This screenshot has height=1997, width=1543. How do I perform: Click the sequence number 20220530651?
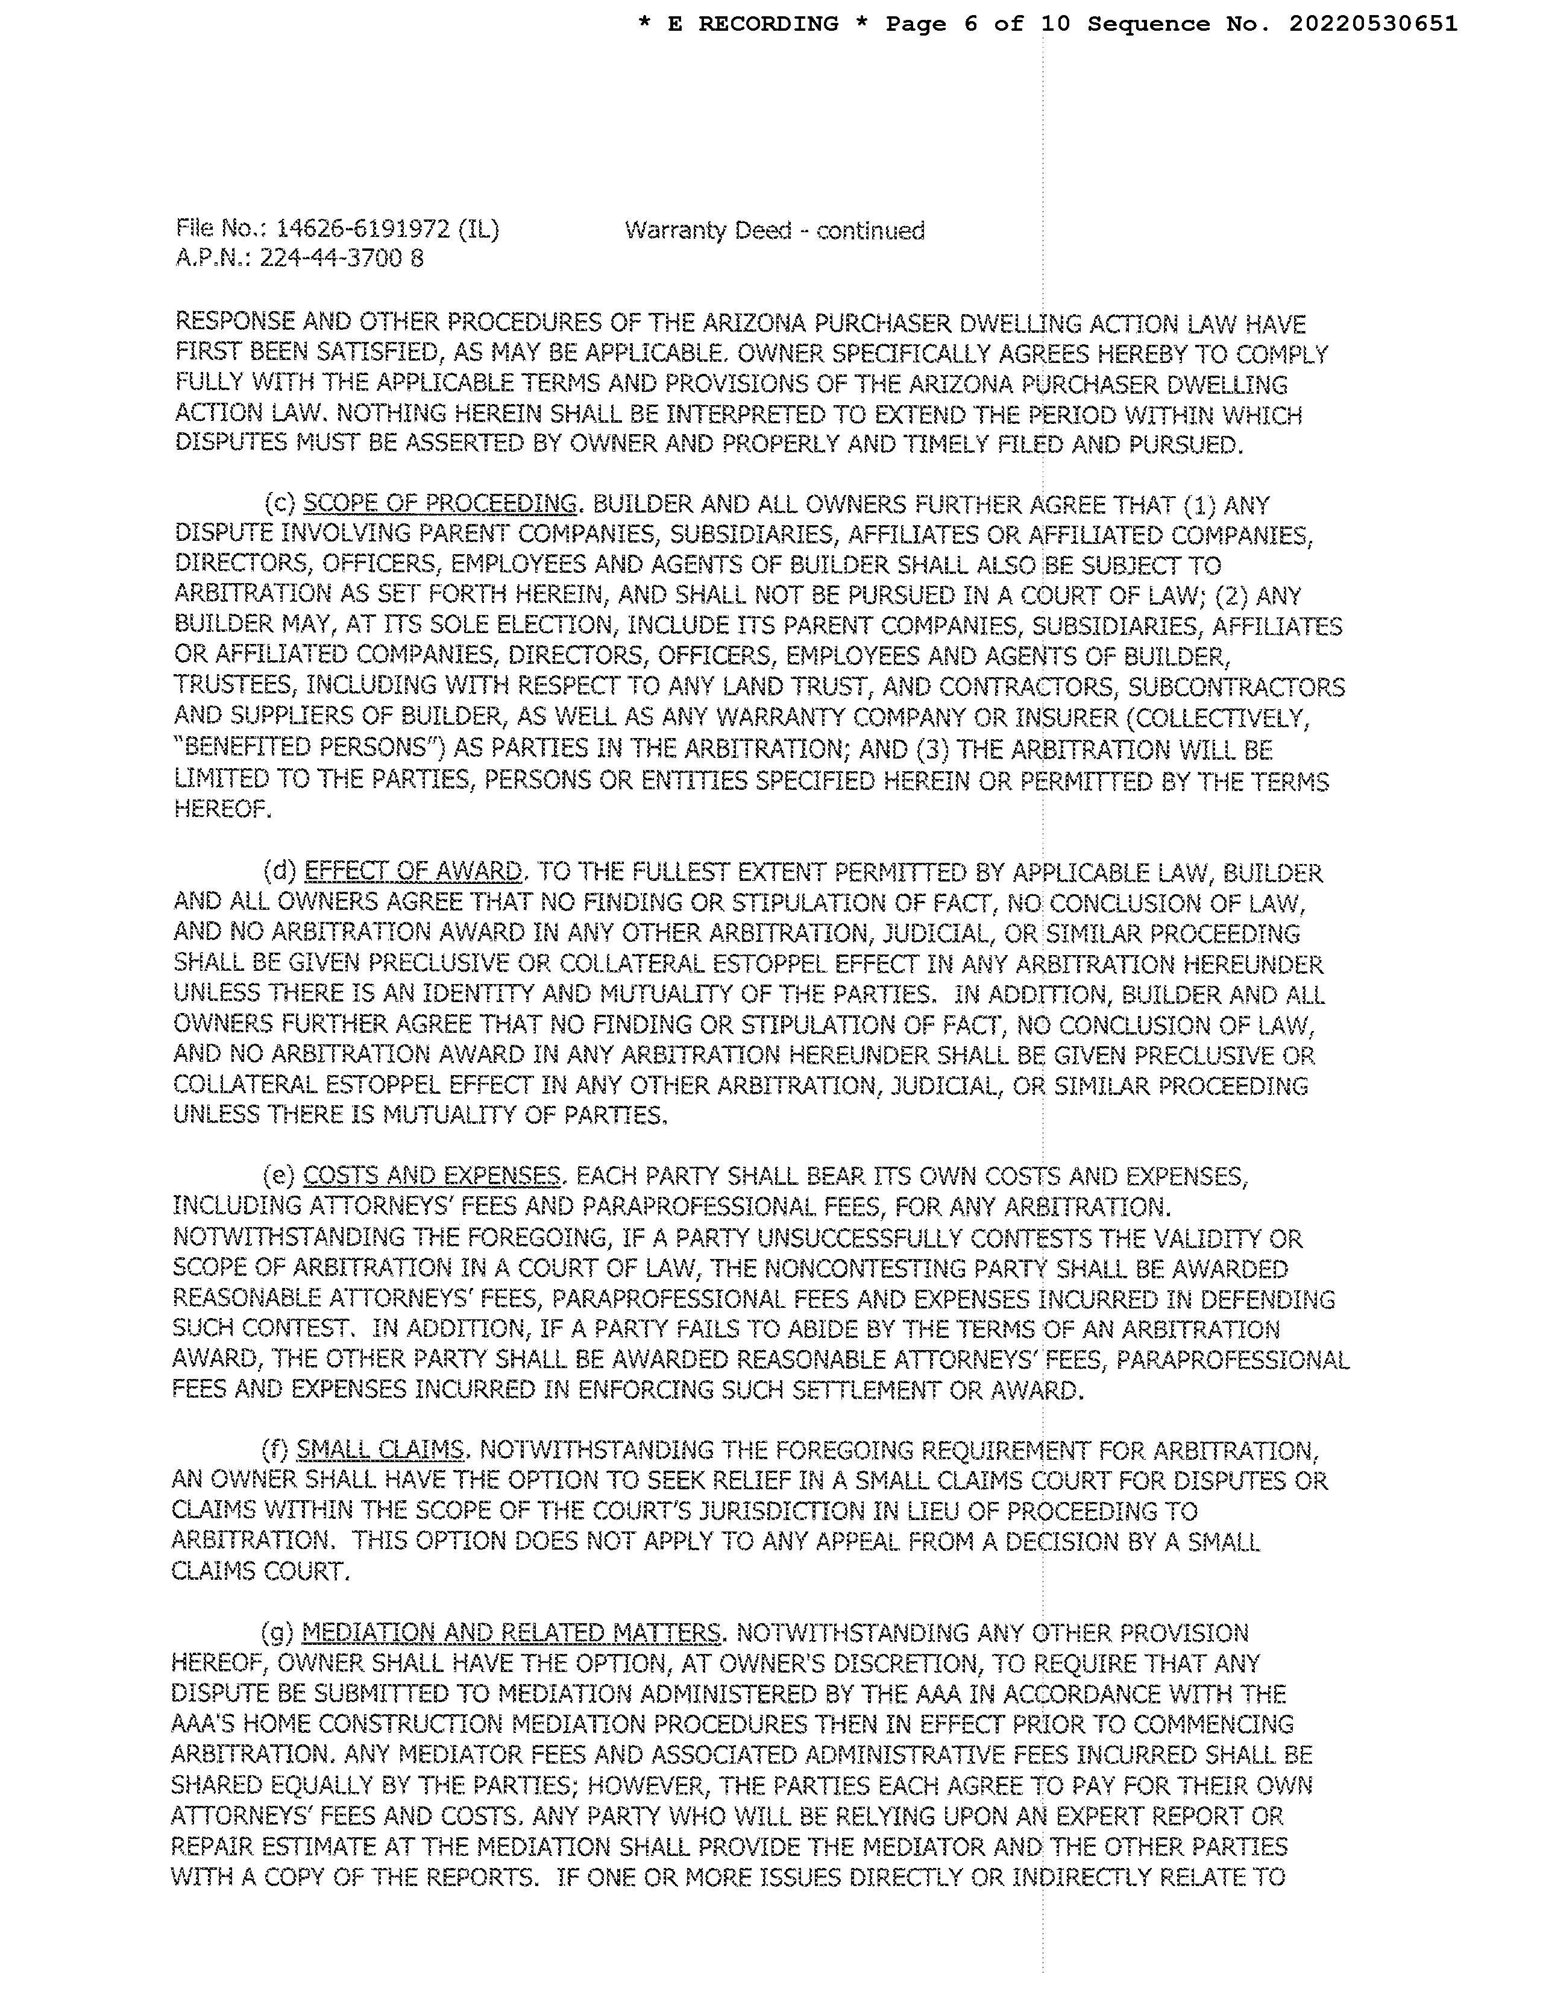click(x=1373, y=24)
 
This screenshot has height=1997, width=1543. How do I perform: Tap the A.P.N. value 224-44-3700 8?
click(x=342, y=258)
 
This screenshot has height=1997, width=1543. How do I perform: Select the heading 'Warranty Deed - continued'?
click(x=775, y=230)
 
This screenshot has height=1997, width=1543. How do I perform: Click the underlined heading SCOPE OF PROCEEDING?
click(x=439, y=504)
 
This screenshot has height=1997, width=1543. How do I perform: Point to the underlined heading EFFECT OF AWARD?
click(x=413, y=871)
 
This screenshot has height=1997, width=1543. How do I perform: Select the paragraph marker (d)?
click(x=280, y=871)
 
